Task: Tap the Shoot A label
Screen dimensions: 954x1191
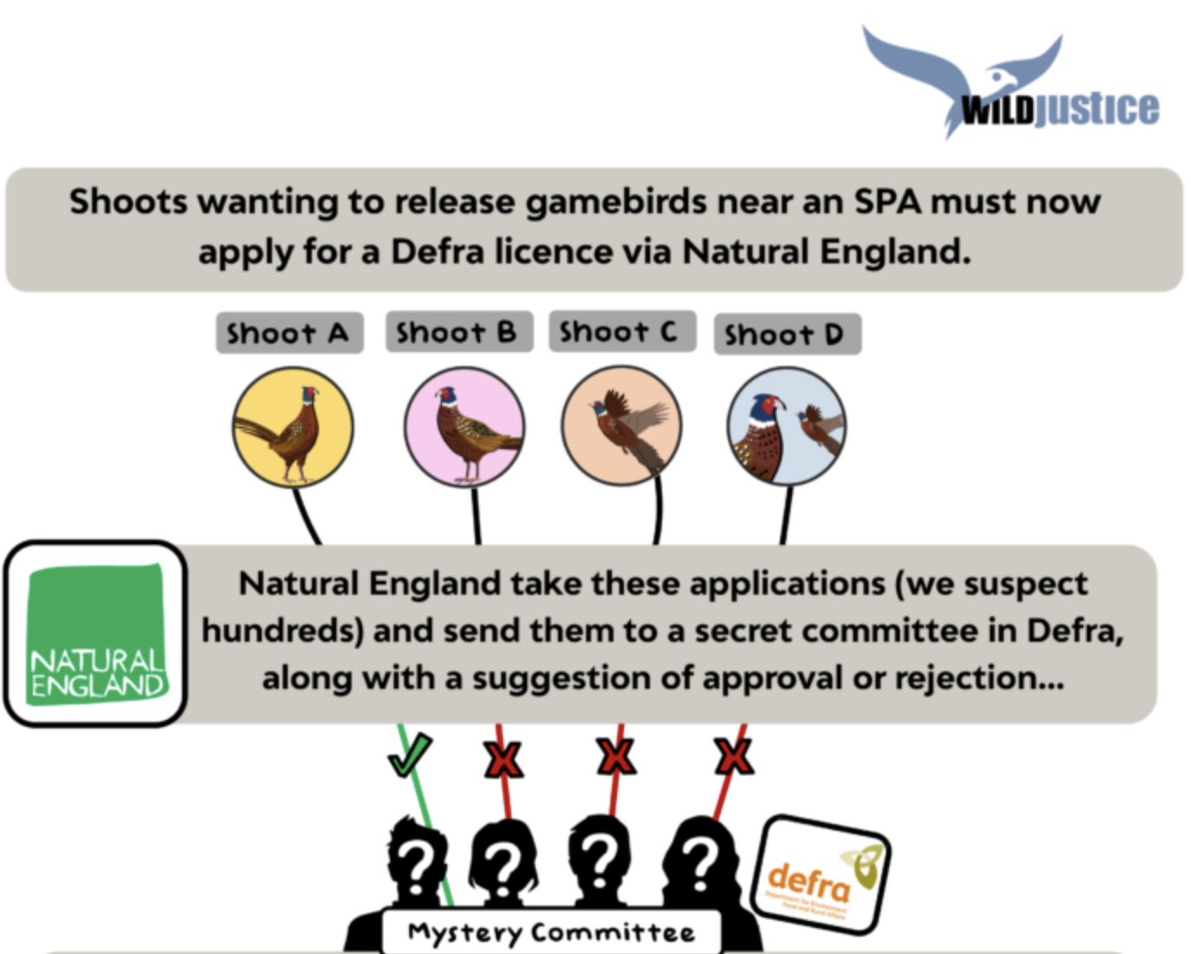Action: click(289, 333)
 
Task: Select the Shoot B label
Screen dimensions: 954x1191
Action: click(458, 332)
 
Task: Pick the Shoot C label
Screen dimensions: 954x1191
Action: click(621, 331)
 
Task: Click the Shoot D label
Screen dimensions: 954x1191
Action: click(786, 335)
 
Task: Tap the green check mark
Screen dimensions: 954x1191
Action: click(409, 755)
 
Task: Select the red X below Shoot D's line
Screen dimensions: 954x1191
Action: click(733, 757)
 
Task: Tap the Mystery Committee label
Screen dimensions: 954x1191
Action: click(551, 932)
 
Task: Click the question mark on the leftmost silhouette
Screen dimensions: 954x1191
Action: click(417, 864)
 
